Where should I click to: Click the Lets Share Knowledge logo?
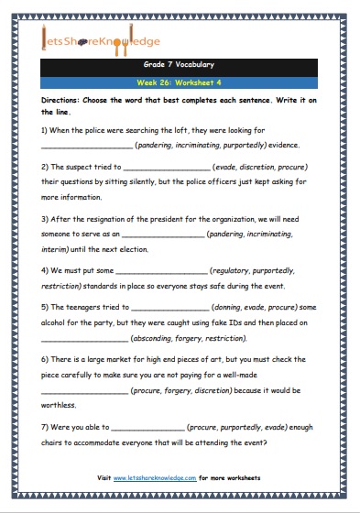(x=100, y=40)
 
